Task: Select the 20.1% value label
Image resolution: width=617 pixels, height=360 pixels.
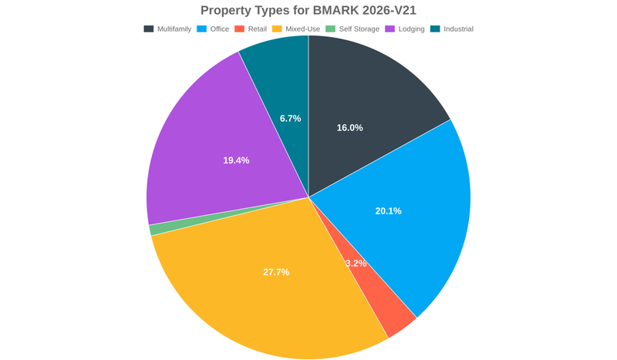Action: pyautogui.click(x=388, y=211)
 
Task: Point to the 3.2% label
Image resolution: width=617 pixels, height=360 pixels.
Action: pyautogui.click(x=356, y=264)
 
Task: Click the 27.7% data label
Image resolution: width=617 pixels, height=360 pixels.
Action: pyautogui.click(x=276, y=272)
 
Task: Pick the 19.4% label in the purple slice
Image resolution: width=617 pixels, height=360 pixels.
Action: pyautogui.click(x=236, y=160)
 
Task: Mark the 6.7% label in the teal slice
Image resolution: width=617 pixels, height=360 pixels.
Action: pyautogui.click(x=290, y=119)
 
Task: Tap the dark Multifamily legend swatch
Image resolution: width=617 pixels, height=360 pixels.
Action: pyautogui.click(x=148, y=29)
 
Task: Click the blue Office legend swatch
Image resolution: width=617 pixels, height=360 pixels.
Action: pyautogui.click(x=203, y=29)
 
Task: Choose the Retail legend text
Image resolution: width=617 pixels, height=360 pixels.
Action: pyautogui.click(x=257, y=29)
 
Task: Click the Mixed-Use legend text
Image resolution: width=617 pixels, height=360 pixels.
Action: pyautogui.click(x=302, y=29)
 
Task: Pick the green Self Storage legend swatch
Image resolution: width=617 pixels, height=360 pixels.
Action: pyautogui.click(x=330, y=29)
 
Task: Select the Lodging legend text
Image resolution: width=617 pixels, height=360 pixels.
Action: pyautogui.click(x=411, y=29)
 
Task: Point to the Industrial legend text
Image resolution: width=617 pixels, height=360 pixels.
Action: pyautogui.click(x=458, y=29)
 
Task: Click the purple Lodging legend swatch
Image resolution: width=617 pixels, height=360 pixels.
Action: pyautogui.click(x=390, y=29)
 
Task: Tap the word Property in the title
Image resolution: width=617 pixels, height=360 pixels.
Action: pyautogui.click(x=229, y=10)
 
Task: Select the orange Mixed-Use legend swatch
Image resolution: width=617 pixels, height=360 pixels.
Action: pyautogui.click(x=278, y=29)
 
